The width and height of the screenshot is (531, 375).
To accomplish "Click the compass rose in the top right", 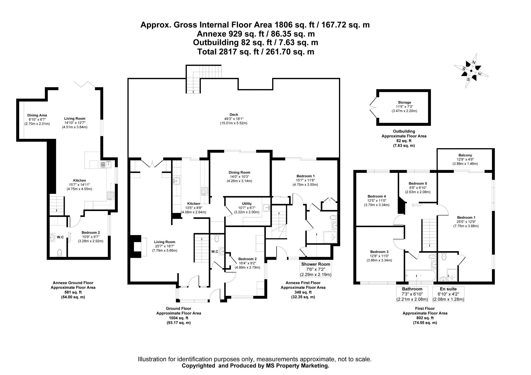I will pyautogui.click(x=471, y=71).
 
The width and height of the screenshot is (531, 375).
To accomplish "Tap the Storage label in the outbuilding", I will pyautogui.click(x=404, y=102).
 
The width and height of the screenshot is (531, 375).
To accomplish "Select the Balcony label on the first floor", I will pyautogui.click(x=465, y=155).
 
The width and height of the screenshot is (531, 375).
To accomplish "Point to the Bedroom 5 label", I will pyautogui.click(x=418, y=184).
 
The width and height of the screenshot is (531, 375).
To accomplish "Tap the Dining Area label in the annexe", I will pyautogui.click(x=37, y=115).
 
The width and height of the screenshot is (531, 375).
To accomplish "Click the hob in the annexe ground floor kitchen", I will pyautogui.click(x=111, y=196).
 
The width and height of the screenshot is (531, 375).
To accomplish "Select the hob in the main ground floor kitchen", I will pyautogui.click(x=204, y=191).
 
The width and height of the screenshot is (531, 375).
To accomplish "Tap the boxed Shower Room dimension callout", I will pyautogui.click(x=316, y=269).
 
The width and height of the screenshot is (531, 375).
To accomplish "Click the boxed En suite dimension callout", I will pyautogui.click(x=448, y=294).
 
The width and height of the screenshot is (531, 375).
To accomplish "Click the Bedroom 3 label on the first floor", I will pyautogui.click(x=379, y=252).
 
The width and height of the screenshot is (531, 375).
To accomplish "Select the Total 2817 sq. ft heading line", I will pyautogui.click(x=256, y=52).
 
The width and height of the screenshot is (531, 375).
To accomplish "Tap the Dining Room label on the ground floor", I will pyautogui.click(x=240, y=173).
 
